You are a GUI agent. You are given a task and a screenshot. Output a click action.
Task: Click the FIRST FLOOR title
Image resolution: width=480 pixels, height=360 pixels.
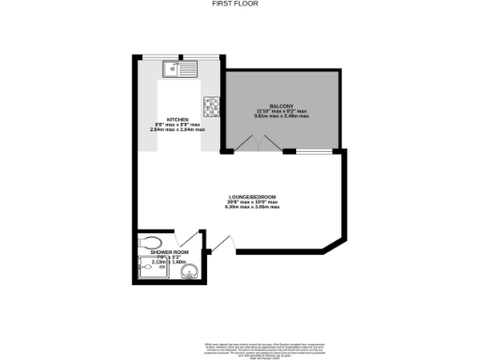pyautogui.click(x=239, y=4)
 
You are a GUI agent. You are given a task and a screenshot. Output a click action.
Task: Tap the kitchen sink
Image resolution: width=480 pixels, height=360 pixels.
pyautogui.click(x=175, y=68)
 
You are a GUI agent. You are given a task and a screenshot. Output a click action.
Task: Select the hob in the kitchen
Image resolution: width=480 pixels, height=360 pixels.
pyautogui.click(x=210, y=105)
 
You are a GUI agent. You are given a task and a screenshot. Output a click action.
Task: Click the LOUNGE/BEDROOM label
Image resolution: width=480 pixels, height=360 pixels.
pyautogui.click(x=239, y=196)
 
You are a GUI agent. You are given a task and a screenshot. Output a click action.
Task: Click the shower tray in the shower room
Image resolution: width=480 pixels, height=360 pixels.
pyautogui.click(x=150, y=273)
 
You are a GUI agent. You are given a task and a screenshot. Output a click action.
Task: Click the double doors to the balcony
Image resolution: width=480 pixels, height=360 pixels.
pyautogui.click(x=254, y=143)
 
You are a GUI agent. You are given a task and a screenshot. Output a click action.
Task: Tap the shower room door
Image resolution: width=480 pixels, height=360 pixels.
pyautogui.click(x=194, y=241)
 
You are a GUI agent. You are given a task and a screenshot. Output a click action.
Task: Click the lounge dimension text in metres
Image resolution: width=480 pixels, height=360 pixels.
pyautogui.click(x=239, y=207)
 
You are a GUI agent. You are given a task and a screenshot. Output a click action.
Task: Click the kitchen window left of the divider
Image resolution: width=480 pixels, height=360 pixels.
pyautogui.click(x=159, y=57)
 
